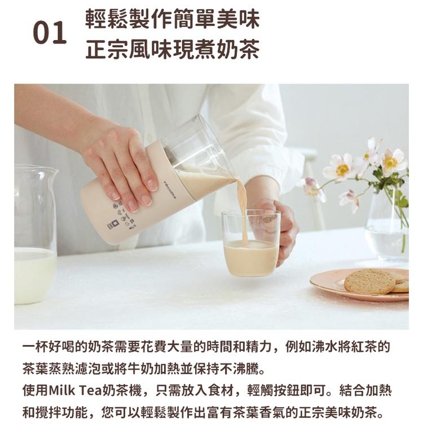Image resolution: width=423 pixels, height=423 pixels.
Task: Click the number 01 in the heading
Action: pos(50,34)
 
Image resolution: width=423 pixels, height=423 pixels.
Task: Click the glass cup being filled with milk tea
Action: pos(250,248)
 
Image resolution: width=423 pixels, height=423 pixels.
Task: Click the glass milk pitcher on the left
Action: pos(34,237)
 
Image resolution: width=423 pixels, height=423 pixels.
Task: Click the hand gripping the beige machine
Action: pos(121,164)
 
